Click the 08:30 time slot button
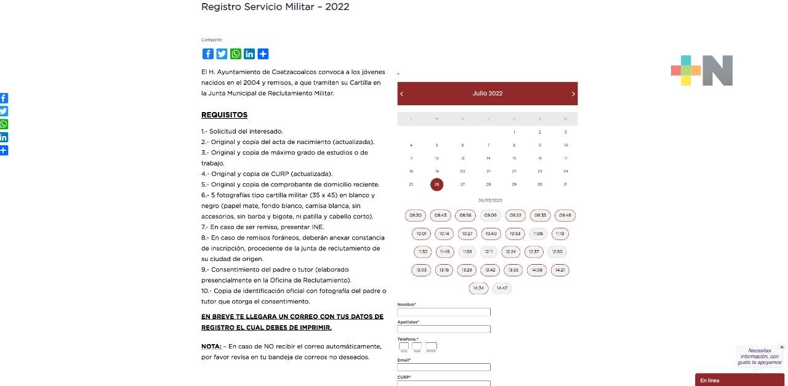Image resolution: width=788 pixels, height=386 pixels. point(416,215)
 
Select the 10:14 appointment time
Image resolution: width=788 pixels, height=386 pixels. point(444,234)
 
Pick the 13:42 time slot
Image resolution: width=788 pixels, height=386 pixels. point(490,270)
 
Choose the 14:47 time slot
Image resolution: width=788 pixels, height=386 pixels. point(502,288)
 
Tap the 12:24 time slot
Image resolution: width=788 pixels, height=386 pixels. point(510,252)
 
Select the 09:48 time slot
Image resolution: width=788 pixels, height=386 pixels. point(565,215)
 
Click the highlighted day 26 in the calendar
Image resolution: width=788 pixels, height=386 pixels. point(437,184)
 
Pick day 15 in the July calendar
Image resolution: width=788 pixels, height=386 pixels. point(514,158)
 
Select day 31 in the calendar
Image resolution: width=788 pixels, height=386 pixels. point(565,184)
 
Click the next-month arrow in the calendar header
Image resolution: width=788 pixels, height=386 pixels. point(573,94)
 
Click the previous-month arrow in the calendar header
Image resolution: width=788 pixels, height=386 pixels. point(402,94)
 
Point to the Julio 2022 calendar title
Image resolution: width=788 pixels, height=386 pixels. point(488,94)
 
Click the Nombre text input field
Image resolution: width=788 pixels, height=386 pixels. point(444,312)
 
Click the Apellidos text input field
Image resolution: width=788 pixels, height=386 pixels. point(444,329)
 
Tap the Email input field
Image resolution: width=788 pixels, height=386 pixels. point(444,368)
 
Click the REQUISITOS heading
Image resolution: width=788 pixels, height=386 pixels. point(224,115)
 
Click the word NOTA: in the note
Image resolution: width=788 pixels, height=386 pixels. point(211,347)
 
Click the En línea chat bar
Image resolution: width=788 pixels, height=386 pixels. point(739,380)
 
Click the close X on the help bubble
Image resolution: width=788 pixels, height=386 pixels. point(782,347)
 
